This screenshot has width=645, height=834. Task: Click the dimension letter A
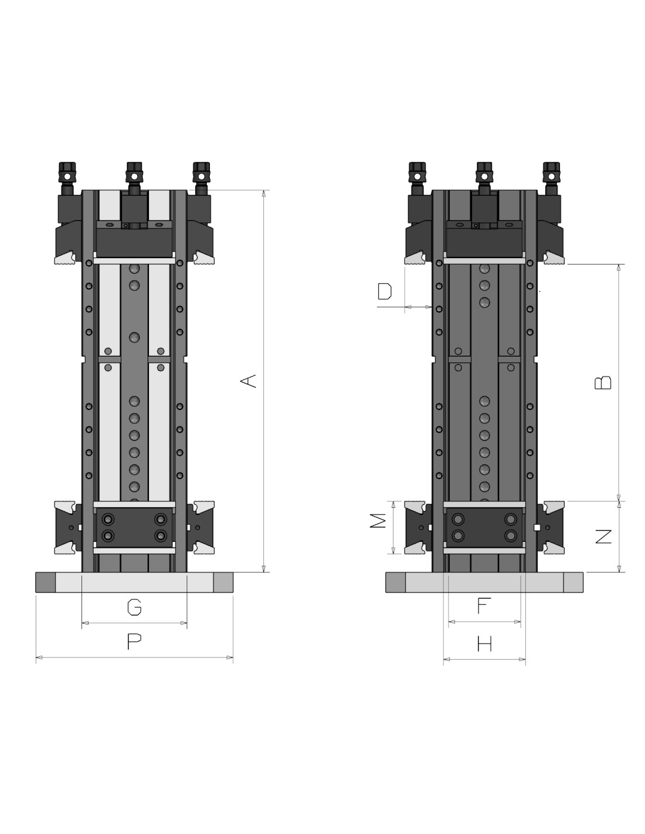click(x=248, y=381)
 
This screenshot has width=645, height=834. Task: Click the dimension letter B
click(x=602, y=382)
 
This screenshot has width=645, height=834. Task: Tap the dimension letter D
click(x=385, y=291)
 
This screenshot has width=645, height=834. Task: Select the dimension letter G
click(x=134, y=607)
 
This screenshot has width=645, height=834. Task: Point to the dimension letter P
click(x=134, y=641)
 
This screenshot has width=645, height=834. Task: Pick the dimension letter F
click(x=484, y=606)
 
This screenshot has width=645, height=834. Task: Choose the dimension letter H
click(x=484, y=643)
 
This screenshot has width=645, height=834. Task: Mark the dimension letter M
click(x=378, y=520)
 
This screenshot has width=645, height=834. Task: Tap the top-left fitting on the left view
click(x=67, y=178)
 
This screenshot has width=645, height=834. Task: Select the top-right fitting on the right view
click(x=551, y=178)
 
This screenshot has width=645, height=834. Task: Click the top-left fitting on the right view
click(x=417, y=178)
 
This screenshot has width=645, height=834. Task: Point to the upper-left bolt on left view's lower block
click(x=108, y=519)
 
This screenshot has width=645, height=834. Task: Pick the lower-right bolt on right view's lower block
click(x=510, y=535)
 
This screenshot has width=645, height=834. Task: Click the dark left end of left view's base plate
click(x=46, y=582)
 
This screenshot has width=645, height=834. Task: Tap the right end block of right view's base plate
click(x=573, y=582)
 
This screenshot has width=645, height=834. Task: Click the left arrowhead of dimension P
click(x=39, y=657)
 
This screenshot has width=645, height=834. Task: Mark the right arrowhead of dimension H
click(x=522, y=659)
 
